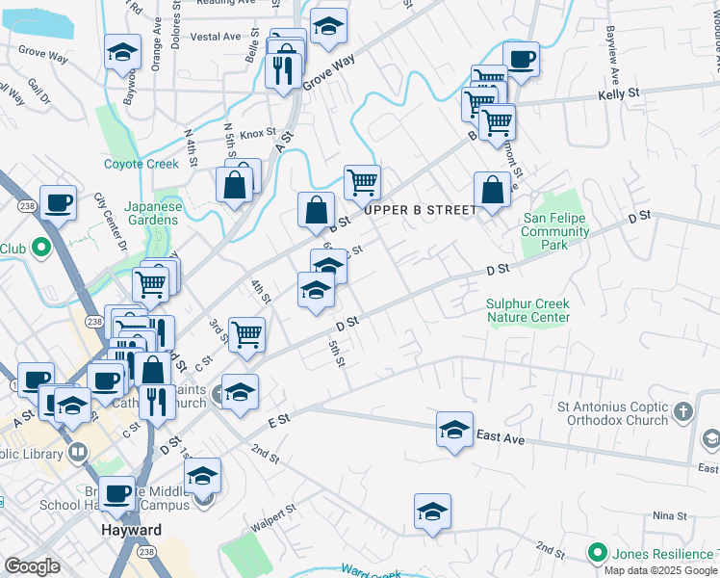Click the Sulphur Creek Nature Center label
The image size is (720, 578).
point(528,309)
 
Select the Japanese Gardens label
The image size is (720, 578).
point(152,213)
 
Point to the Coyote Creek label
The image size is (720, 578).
point(141,164)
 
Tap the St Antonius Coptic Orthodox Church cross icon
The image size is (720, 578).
point(682,412)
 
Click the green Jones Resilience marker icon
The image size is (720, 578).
point(598,553)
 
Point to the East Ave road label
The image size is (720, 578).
point(501,438)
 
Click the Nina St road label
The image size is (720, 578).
point(666,516)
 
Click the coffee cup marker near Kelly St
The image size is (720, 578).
point(521,60)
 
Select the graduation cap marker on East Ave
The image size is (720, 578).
point(454,429)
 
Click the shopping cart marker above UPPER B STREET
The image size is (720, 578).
point(362,181)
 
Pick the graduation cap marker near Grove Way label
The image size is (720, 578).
point(328,28)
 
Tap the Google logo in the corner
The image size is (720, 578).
point(32,566)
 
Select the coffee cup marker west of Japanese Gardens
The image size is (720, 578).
point(58,203)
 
